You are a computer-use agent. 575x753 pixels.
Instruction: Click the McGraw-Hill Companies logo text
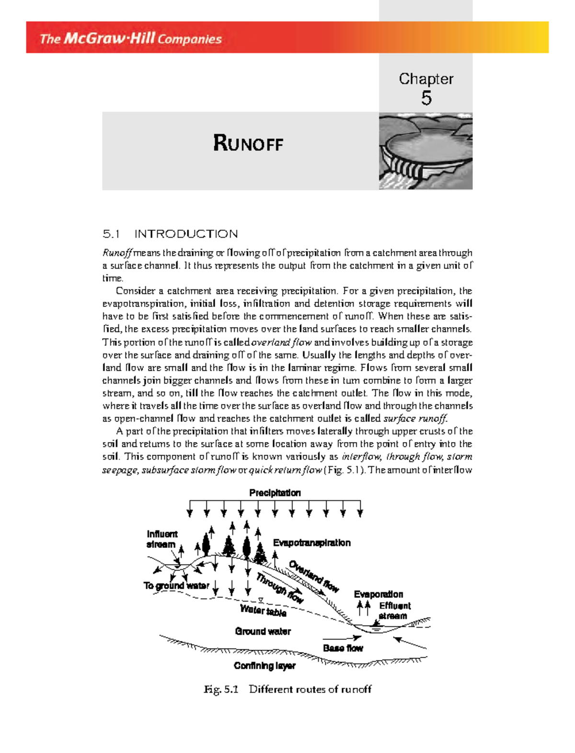(130, 38)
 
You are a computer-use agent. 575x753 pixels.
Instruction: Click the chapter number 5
(426, 98)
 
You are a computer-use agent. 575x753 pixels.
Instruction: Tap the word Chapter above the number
(426, 79)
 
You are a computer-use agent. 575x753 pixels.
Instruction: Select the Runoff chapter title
(248, 143)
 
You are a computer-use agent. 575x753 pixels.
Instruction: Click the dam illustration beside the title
(425, 151)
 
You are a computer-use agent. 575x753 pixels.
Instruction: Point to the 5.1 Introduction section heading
(170, 234)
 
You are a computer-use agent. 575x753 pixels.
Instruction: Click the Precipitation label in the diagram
(275, 493)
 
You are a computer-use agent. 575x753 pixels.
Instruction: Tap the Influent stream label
(161, 539)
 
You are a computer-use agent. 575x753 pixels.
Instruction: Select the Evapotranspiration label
(312, 543)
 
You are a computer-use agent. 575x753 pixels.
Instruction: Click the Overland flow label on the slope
(314, 576)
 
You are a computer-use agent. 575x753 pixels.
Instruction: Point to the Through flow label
(280, 588)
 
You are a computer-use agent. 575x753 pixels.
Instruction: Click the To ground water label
(176, 585)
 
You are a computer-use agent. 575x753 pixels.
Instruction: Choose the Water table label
(263, 611)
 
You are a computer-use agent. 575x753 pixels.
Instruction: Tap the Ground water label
(263, 631)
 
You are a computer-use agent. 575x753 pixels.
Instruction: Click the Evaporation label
(379, 594)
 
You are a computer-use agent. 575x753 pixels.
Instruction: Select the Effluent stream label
(394, 611)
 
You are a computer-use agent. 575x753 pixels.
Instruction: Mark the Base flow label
(343, 648)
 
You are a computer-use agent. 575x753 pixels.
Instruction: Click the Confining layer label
(264, 666)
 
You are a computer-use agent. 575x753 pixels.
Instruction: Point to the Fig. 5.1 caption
(287, 689)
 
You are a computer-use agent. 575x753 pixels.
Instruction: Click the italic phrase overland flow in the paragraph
(282, 342)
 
